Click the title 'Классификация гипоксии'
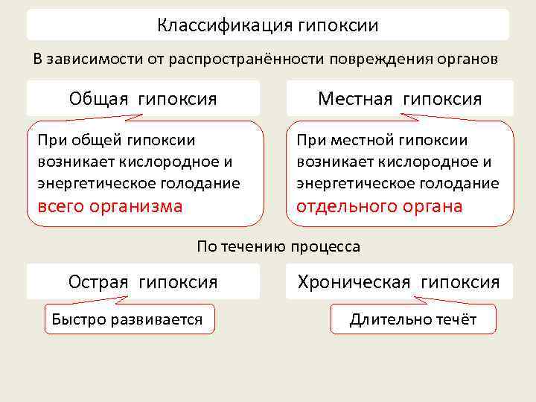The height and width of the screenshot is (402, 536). click(x=268, y=25)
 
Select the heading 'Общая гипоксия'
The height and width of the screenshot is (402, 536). click(x=143, y=98)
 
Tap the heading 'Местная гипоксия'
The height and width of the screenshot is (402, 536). click(x=400, y=98)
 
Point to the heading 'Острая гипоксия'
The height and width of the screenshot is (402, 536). click(x=143, y=281)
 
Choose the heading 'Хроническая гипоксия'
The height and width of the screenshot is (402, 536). click(x=399, y=281)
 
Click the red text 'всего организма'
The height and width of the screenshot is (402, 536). click(x=109, y=206)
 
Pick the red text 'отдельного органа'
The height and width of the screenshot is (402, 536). click(x=380, y=206)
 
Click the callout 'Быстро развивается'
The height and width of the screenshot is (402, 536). click(x=127, y=319)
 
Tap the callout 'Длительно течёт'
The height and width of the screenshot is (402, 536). click(x=413, y=319)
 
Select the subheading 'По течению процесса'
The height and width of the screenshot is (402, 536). click(x=278, y=246)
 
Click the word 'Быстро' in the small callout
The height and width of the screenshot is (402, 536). click(x=75, y=319)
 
